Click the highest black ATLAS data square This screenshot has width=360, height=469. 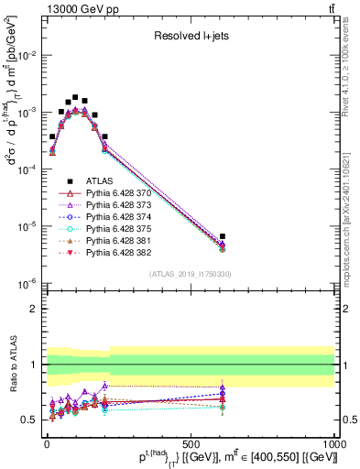pos(75,97)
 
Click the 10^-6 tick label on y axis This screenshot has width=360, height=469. pos(28,283)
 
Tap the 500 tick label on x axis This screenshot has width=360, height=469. pos(191,442)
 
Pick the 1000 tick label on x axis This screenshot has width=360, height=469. pos(332,442)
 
